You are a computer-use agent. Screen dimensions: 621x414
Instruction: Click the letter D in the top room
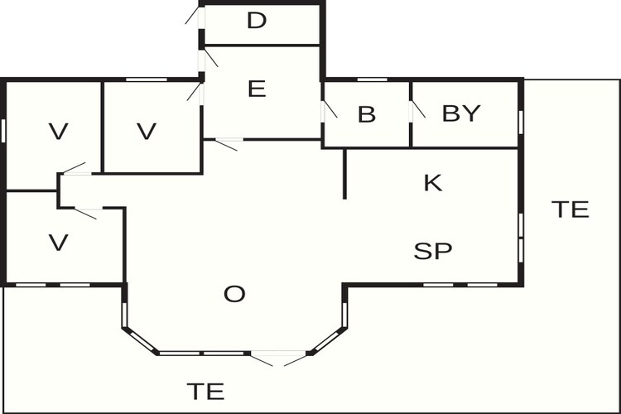(x=257, y=21)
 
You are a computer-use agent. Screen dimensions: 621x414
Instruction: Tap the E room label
(x=257, y=89)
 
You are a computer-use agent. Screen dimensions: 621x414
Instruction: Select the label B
(x=366, y=114)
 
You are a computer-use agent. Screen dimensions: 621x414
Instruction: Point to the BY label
(x=461, y=113)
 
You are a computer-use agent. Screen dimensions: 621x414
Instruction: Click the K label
(x=433, y=183)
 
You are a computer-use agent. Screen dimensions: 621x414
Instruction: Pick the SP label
(x=433, y=251)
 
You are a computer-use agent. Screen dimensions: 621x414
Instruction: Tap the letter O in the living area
(x=234, y=295)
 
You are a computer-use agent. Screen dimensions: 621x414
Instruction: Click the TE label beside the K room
(x=570, y=209)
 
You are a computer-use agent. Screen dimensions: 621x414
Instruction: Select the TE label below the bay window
(x=205, y=392)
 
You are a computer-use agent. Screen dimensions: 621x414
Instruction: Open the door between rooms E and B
(x=329, y=111)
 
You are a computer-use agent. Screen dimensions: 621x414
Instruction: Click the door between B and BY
(x=417, y=110)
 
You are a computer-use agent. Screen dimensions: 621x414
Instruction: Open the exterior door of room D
(x=195, y=17)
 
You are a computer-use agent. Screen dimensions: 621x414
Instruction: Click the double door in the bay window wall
(x=278, y=359)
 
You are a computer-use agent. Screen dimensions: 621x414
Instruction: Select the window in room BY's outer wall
(x=521, y=123)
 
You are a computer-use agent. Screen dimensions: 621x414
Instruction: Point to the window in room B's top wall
(x=373, y=79)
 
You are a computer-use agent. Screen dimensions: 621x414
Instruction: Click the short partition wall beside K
(x=344, y=174)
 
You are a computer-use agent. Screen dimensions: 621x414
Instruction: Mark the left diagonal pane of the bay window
(x=142, y=340)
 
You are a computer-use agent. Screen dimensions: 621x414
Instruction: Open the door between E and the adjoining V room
(x=195, y=92)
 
